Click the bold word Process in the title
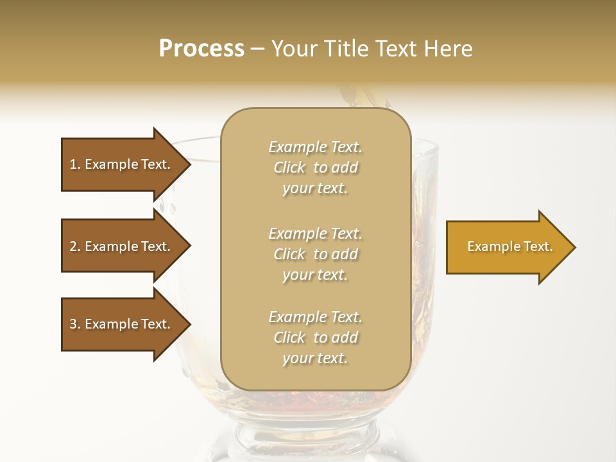coord(201,49)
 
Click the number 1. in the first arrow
coord(75,164)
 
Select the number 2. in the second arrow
coord(75,246)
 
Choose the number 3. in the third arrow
coord(75,324)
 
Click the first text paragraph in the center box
coord(315,167)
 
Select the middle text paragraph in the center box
coord(315,254)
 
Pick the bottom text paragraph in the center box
coord(315,338)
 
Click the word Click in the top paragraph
coord(289,167)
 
